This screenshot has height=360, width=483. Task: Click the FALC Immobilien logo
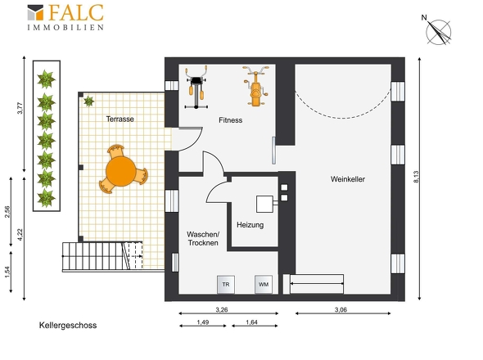point(65,17)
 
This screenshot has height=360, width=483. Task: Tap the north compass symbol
point(437,30)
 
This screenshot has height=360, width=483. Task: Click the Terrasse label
point(120,119)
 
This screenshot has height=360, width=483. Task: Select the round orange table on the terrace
point(121,171)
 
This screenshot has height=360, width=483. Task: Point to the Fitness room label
point(230,120)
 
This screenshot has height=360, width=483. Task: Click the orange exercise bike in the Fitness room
point(255,86)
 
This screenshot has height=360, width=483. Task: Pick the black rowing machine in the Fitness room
point(196,88)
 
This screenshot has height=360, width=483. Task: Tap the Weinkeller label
point(348,179)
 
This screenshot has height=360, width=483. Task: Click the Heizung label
point(251,225)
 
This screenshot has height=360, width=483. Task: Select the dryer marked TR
point(226,285)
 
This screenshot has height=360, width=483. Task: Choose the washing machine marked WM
point(264,284)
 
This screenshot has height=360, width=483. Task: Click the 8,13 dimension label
point(416,177)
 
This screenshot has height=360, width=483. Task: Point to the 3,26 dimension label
point(222,310)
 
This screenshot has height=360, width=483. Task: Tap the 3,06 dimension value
point(341,310)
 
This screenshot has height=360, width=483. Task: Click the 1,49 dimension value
point(203,322)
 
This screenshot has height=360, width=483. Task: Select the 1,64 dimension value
point(251,322)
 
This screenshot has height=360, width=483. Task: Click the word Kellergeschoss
point(68,326)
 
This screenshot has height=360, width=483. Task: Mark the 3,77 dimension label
point(20,108)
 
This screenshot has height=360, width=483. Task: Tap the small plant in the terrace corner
point(88,101)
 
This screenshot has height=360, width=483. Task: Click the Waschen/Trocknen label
point(203,239)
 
